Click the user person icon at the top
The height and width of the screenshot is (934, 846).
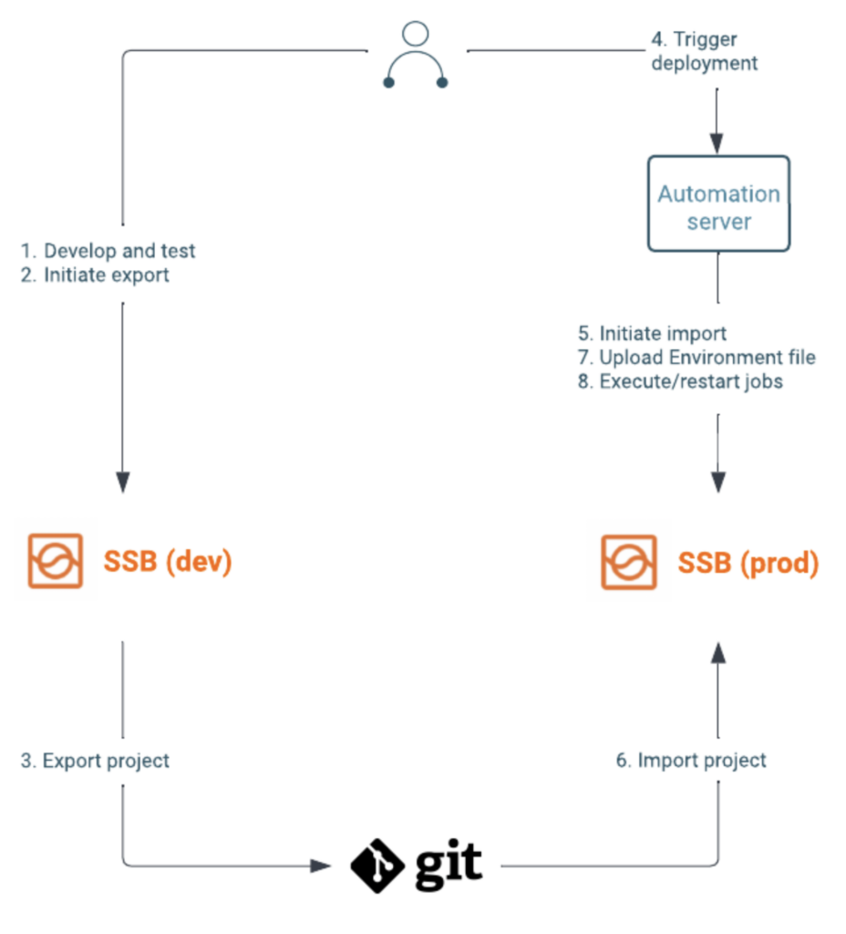coord(416,57)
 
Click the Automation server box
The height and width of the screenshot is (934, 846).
coord(718,203)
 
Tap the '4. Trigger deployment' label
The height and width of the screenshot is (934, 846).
coord(702,51)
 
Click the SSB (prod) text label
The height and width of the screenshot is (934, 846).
coord(748,563)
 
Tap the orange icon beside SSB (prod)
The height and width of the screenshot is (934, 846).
coord(628,562)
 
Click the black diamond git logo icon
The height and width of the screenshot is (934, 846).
coord(377,864)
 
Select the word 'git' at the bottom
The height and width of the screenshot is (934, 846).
coord(448,864)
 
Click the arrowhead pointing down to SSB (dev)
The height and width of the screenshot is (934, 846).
coord(123,483)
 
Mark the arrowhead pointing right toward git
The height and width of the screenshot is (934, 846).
coord(320,865)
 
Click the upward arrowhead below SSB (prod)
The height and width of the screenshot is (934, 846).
coord(718,652)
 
